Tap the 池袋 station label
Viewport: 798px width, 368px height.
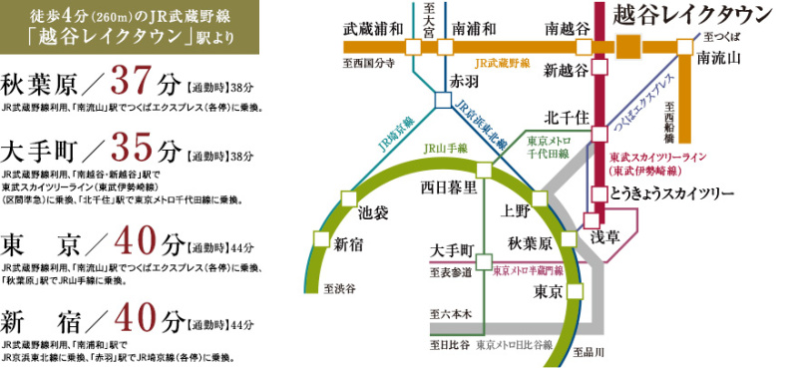pos(374,212)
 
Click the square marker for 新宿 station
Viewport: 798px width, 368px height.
pos(321,237)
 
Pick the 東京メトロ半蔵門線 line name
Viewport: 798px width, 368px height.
pos(530,270)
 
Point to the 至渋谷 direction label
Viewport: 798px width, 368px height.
pos(340,289)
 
